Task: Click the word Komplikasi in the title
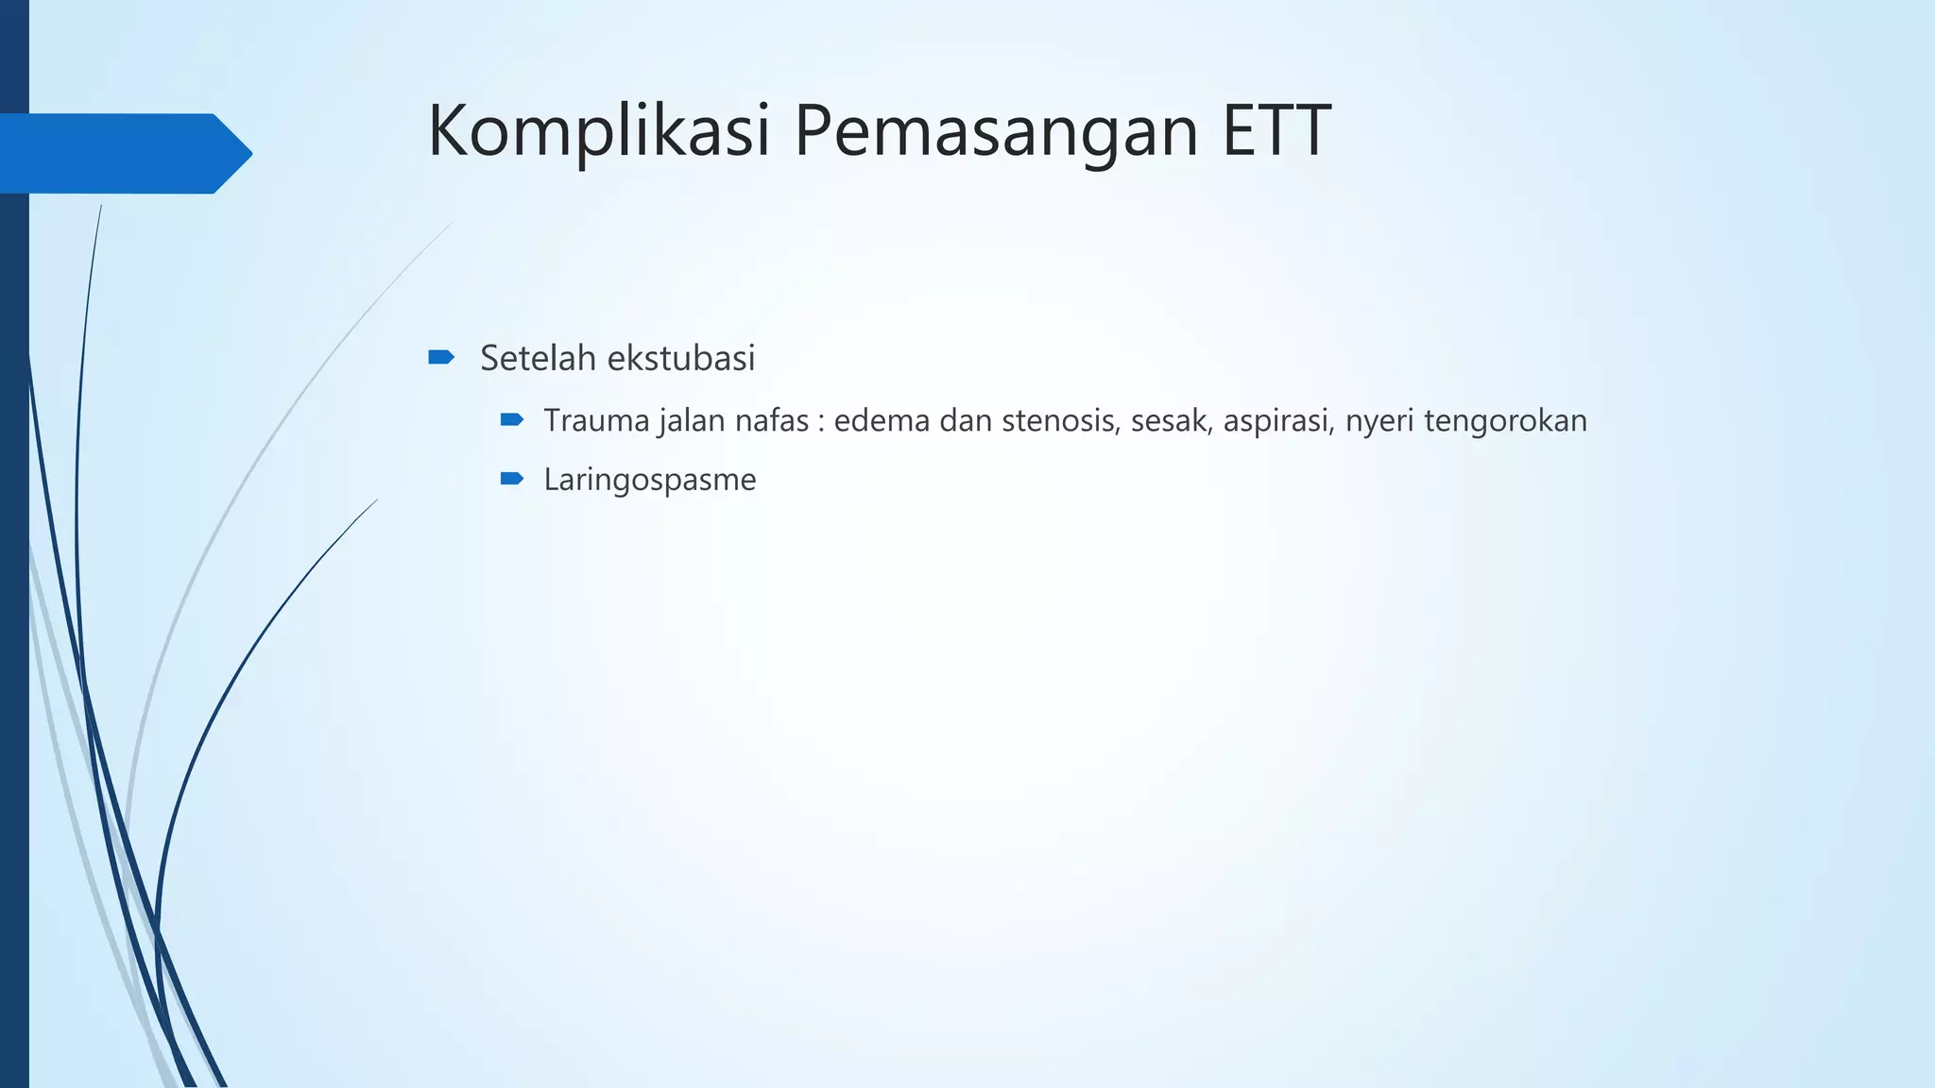tap(599, 130)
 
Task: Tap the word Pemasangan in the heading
tap(998, 130)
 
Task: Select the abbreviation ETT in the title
tap(1276, 130)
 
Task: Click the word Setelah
tap(539, 358)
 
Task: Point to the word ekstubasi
tap(680, 358)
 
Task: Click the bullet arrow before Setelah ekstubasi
tap(441, 357)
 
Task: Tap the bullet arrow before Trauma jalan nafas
tap(512, 419)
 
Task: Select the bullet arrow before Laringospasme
tap(512, 479)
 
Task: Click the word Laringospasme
tap(650, 480)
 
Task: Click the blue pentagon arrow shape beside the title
tap(123, 153)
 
